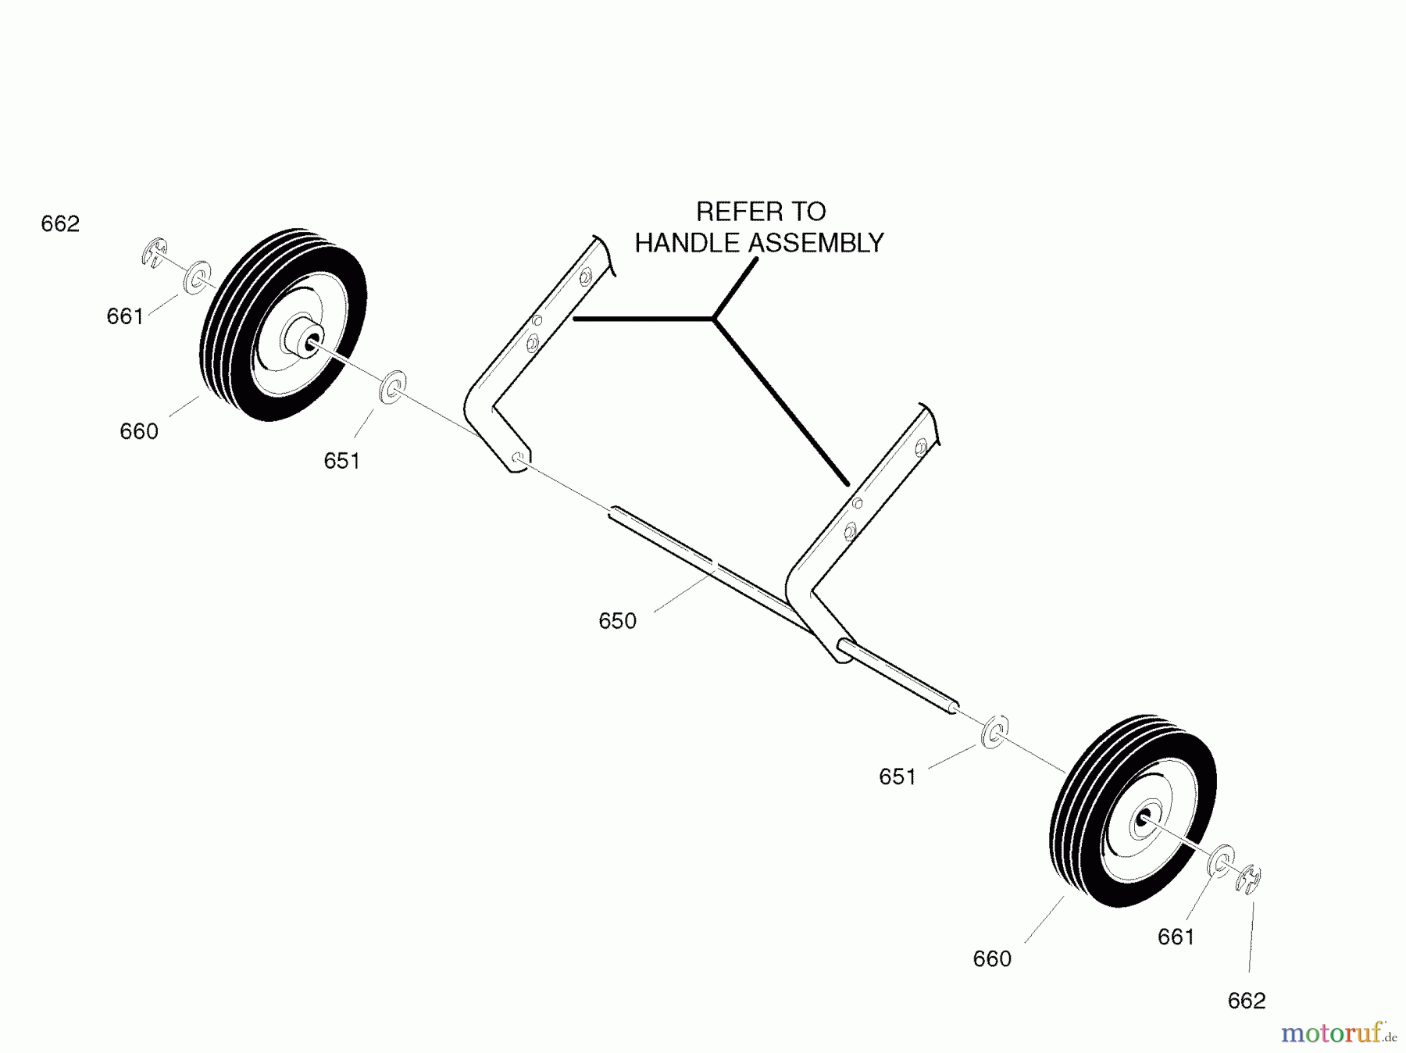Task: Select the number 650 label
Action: click(617, 621)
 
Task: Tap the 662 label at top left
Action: click(60, 224)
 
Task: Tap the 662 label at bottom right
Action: click(1246, 1001)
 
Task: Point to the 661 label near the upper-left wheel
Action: click(125, 316)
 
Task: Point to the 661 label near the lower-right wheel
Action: click(1176, 937)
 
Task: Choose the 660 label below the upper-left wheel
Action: click(139, 431)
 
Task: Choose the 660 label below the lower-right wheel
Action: click(992, 958)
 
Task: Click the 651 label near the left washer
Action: click(341, 461)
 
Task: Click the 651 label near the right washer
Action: click(897, 776)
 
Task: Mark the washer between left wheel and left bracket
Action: click(393, 387)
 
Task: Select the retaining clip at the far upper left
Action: click(155, 252)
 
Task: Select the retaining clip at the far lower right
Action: click(1249, 879)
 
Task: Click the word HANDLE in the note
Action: click(687, 243)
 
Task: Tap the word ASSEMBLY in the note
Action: click(816, 243)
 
